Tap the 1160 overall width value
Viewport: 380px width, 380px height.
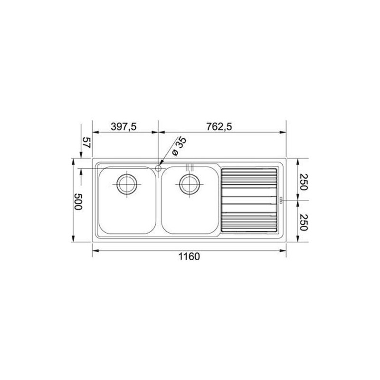tap(189, 257)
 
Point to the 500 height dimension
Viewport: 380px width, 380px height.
tap(79, 202)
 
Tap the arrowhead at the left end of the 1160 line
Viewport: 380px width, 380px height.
tap(95, 250)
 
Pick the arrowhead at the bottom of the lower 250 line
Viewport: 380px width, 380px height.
tap(297, 240)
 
